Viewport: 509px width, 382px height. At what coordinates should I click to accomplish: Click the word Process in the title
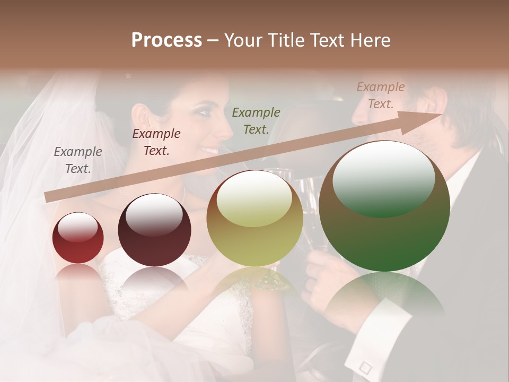[x=166, y=40]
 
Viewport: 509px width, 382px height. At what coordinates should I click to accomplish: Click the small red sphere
[x=78, y=238]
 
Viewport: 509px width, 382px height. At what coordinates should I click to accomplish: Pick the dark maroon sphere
[x=154, y=230]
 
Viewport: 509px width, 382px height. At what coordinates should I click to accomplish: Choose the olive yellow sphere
[x=254, y=218]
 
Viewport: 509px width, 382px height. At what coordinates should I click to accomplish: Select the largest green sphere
[x=384, y=206]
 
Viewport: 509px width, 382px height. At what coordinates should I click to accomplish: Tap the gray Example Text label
[x=78, y=160]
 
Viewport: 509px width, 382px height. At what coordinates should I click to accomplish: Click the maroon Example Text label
[x=156, y=142]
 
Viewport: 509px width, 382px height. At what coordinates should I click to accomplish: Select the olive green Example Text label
[x=256, y=120]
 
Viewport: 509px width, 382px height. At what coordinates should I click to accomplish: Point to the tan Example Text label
[x=380, y=95]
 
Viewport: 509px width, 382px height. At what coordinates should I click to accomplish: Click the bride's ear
[x=140, y=116]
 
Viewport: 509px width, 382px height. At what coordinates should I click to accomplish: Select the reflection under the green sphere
[x=384, y=297]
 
